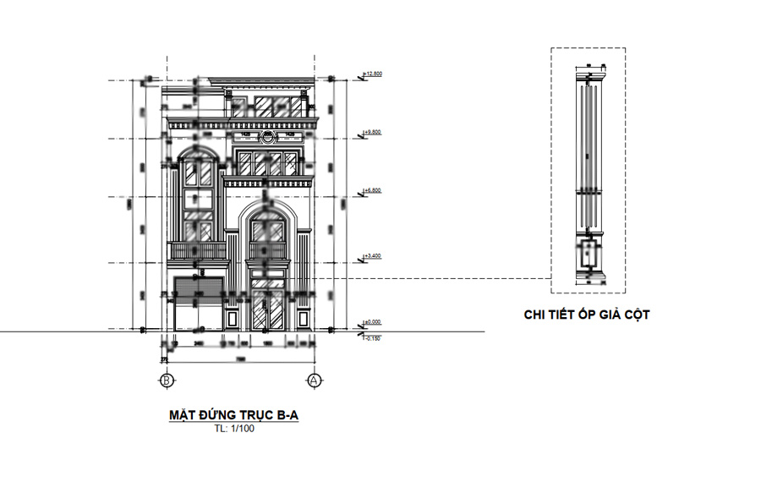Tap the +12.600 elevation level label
[373, 74]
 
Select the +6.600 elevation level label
[373, 191]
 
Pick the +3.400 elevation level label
[373, 255]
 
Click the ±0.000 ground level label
[373, 322]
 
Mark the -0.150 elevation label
[373, 337]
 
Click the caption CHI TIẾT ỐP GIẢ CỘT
[587, 315]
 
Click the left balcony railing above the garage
[199, 250]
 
